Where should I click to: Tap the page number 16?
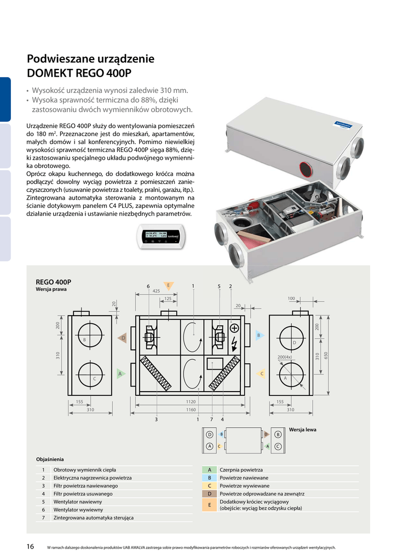[31, 546]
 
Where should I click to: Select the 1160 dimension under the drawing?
[191, 410]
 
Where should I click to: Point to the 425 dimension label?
[156, 291]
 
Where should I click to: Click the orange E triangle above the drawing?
[169, 285]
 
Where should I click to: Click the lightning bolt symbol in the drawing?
[234, 345]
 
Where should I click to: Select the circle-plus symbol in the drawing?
[234, 329]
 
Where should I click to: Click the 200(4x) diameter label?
[284, 357]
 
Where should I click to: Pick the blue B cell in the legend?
[210, 477]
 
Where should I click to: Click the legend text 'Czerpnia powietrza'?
[241, 470]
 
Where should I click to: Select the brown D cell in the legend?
[210, 493]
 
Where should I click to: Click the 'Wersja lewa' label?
[302, 430]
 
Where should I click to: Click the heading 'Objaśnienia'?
[50, 459]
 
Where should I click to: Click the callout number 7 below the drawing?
[211, 419]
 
